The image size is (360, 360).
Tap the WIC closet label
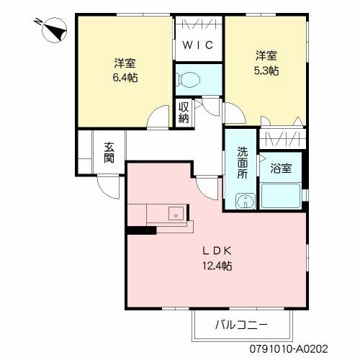click(x=196, y=46)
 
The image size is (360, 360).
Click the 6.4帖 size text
click(x=125, y=77)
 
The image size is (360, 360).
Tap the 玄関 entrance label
click(x=109, y=153)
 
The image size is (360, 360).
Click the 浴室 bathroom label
click(x=281, y=168)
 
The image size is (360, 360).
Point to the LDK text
click(x=216, y=251)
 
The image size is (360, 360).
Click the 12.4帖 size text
click(x=216, y=266)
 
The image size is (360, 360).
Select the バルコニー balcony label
click(x=241, y=325)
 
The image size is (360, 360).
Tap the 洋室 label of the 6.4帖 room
click(x=125, y=62)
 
